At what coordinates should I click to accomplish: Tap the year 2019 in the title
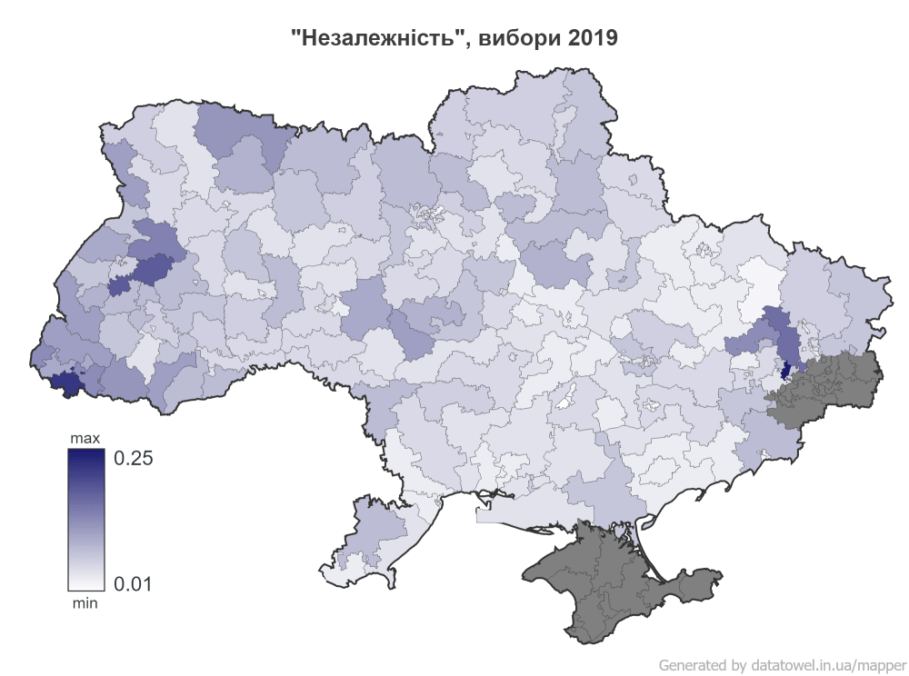[x=591, y=38]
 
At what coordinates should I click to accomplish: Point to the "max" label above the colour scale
[x=86, y=440]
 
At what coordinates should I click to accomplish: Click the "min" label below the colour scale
[x=85, y=601]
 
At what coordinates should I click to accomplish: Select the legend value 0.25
[x=132, y=458]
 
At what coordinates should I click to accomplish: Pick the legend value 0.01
[x=132, y=582]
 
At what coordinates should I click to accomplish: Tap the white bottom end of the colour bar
[x=85, y=585]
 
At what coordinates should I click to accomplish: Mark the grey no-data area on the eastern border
[x=827, y=386]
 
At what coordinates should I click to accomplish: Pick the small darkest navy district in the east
[x=786, y=372]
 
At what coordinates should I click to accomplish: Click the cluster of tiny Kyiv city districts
[x=427, y=215]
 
